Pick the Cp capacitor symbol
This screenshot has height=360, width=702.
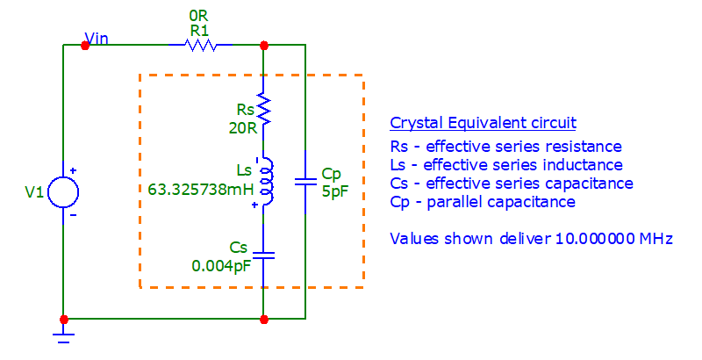tap(304, 182)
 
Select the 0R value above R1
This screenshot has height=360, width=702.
tap(198, 16)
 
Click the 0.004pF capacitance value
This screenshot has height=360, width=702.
tap(223, 264)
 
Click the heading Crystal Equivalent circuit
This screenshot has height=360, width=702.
tap(483, 123)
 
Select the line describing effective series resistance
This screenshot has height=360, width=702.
tap(505, 147)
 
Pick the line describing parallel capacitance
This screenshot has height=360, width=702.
tap(483, 202)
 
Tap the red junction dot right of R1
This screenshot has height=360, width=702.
tap(263, 45)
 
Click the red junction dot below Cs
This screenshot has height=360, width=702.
tap(263, 318)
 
